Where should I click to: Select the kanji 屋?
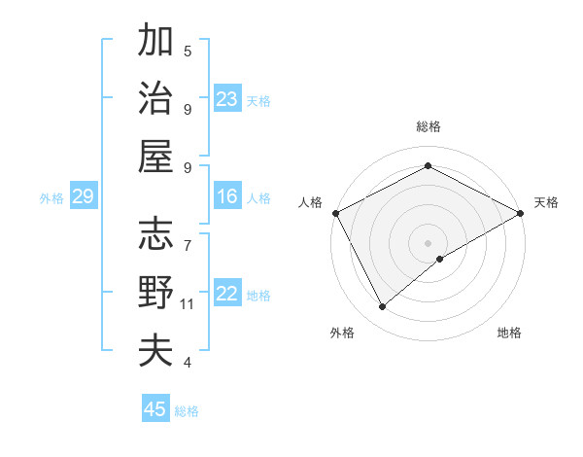(x=155, y=156)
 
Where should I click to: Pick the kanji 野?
(x=155, y=292)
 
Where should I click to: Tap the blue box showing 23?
(x=227, y=99)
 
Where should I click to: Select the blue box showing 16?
(x=227, y=197)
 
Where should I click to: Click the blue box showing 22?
(x=227, y=295)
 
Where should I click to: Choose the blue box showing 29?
(x=83, y=197)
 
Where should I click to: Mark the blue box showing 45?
(x=155, y=409)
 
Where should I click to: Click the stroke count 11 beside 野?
(x=188, y=304)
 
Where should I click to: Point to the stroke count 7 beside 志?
(x=187, y=236)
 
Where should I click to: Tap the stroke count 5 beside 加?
(x=187, y=51)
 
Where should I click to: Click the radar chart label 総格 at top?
(x=428, y=126)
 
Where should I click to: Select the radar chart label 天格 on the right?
(x=546, y=202)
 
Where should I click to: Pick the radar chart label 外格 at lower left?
(x=342, y=333)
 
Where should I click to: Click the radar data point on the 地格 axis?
(x=441, y=259)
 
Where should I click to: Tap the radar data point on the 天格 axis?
(x=521, y=212)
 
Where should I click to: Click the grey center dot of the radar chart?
(x=428, y=242)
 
